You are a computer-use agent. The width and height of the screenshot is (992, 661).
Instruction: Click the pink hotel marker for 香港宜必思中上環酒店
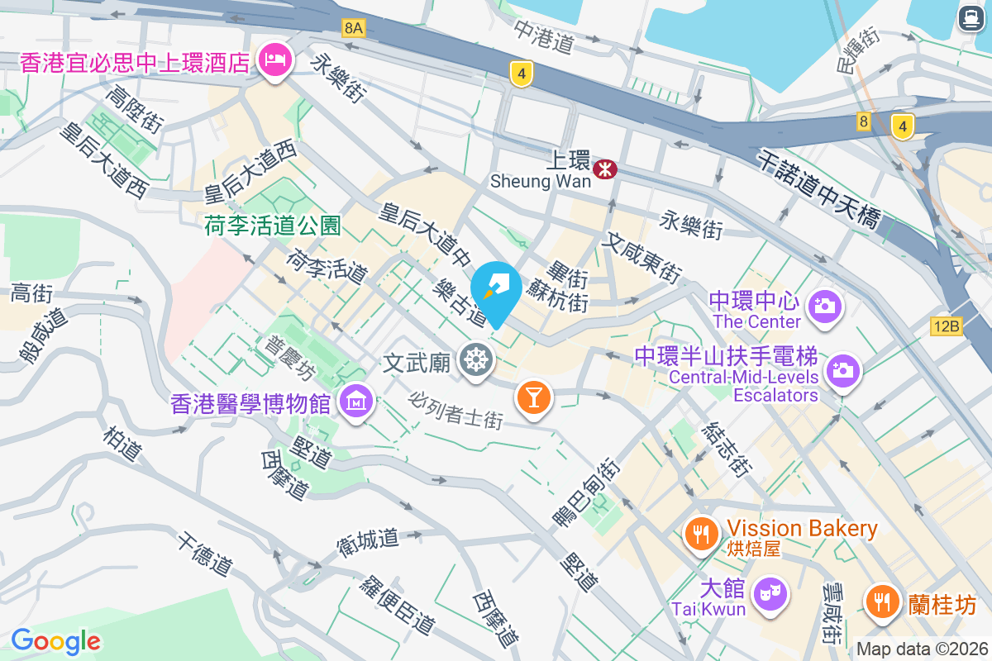click(274, 60)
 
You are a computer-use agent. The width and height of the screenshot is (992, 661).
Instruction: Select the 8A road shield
click(353, 28)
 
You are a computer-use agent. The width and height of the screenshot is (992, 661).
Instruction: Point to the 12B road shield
click(946, 326)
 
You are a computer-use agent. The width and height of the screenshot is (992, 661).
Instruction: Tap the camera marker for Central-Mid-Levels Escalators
click(842, 369)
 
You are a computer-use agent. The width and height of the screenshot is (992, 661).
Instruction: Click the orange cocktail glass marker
click(533, 397)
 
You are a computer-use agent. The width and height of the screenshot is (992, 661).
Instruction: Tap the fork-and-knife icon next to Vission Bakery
click(702, 533)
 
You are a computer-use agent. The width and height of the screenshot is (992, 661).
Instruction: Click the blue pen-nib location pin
click(496, 292)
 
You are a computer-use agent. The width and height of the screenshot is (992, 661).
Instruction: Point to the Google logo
click(55, 640)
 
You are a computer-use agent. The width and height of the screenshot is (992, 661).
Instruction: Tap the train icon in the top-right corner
click(968, 18)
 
